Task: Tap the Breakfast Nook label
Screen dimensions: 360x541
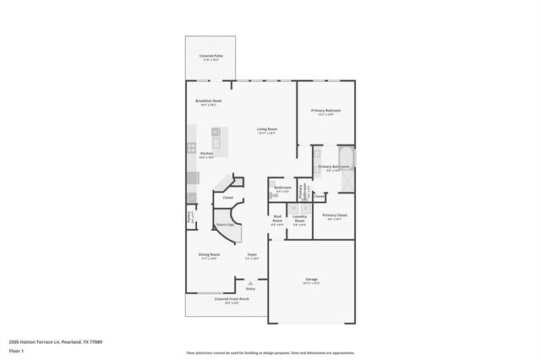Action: [x=207, y=102]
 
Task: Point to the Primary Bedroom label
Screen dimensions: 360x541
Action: [x=325, y=112]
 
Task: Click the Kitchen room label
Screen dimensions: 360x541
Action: [x=206, y=155]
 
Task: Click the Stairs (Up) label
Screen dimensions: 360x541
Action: [x=225, y=225]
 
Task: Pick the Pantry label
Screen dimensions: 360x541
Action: [x=189, y=216]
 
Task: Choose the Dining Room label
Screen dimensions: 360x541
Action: [x=210, y=256]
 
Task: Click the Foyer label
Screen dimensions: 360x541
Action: [x=251, y=256]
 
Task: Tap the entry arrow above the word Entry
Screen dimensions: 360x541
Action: [x=250, y=282]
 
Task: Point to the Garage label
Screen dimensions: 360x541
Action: [x=311, y=280]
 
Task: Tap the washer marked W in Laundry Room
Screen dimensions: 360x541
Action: [x=292, y=208]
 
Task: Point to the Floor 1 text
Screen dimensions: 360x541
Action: [x=17, y=349]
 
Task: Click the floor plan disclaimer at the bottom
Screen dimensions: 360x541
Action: [x=270, y=352]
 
